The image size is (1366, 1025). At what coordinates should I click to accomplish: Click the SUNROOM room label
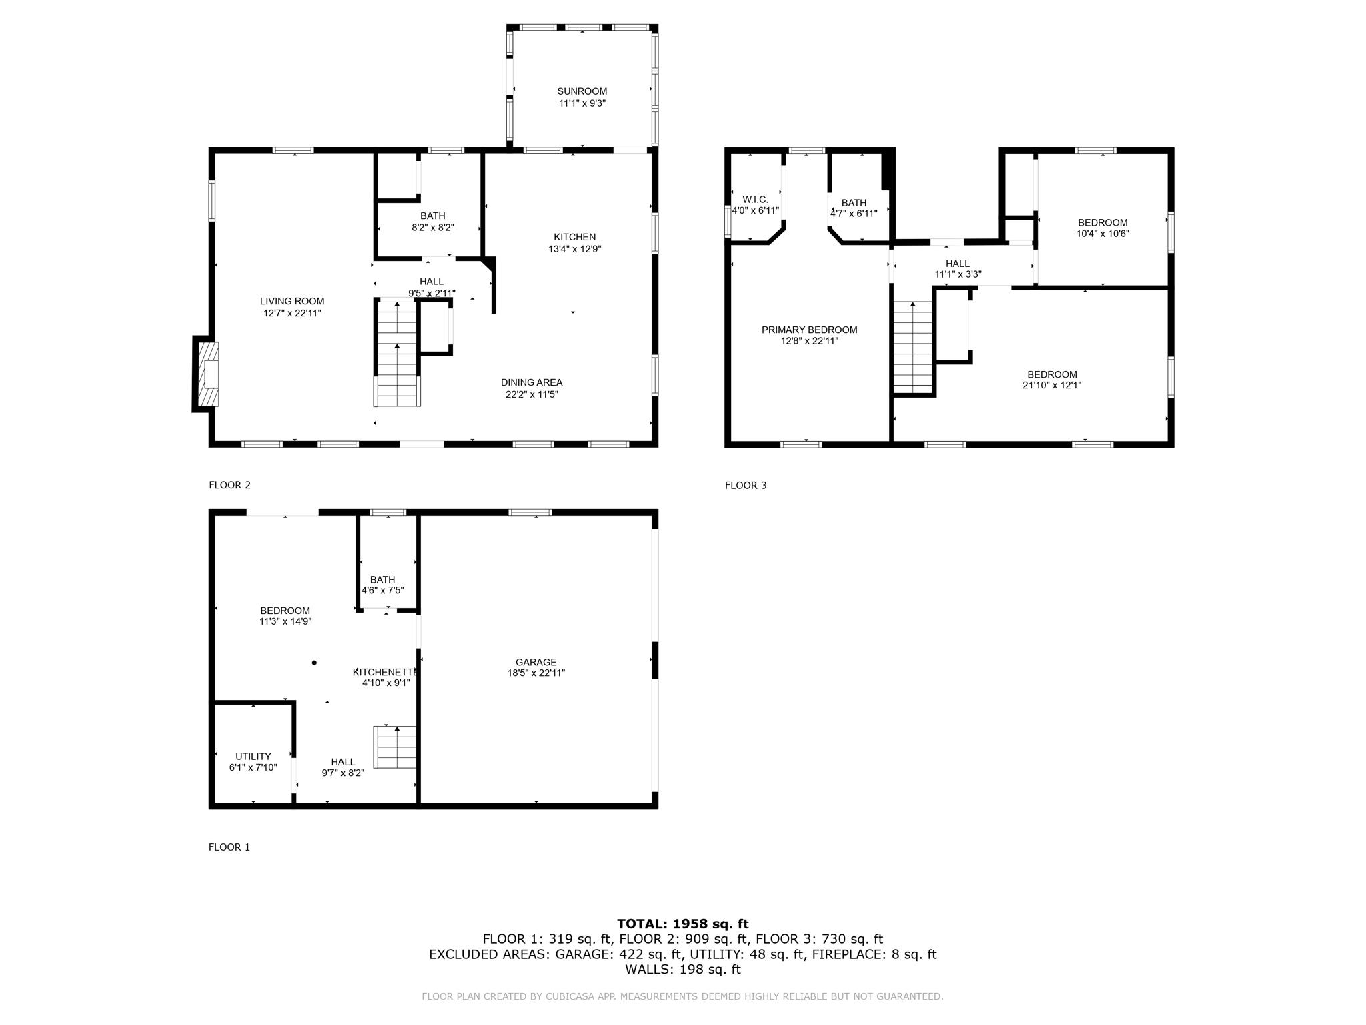click(582, 91)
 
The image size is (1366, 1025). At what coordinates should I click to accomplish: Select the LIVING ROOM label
click(292, 301)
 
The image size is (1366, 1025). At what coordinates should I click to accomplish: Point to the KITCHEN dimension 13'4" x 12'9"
click(574, 249)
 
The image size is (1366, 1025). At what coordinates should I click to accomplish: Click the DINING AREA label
click(532, 382)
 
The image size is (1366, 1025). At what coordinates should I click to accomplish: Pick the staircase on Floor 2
click(397, 354)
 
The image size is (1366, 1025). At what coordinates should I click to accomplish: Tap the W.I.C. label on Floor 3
click(755, 200)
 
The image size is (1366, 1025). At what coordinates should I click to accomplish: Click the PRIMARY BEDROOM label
click(809, 330)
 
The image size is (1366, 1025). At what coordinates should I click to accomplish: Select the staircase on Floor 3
click(912, 347)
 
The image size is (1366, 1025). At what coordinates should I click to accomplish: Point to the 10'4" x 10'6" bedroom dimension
click(1102, 234)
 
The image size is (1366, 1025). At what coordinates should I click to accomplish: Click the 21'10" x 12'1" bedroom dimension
click(1051, 385)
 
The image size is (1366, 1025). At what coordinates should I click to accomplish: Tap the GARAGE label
click(536, 662)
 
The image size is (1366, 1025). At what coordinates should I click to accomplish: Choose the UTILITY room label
click(253, 756)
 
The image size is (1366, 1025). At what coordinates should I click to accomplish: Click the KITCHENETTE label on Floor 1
click(386, 672)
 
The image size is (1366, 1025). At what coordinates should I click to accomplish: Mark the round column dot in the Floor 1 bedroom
click(314, 663)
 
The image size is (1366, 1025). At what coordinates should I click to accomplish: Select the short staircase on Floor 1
click(396, 747)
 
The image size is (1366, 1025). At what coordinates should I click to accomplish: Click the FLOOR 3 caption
click(746, 485)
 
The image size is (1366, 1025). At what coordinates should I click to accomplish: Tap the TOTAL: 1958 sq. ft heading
click(682, 924)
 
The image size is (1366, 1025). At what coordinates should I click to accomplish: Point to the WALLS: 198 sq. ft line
click(682, 969)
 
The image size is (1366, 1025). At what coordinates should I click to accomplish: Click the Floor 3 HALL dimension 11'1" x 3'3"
click(958, 274)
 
